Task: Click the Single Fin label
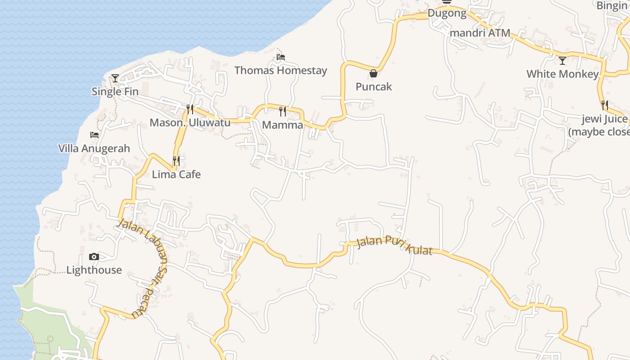click(115, 91)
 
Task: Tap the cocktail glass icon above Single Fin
click(115, 78)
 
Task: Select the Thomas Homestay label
click(281, 71)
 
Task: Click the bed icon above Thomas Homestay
click(281, 57)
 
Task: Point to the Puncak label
click(373, 86)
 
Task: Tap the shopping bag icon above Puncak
click(373, 73)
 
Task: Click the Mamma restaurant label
click(283, 125)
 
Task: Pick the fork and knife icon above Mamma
click(283, 111)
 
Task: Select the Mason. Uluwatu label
click(190, 122)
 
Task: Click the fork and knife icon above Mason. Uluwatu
click(190, 109)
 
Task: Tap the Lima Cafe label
click(176, 174)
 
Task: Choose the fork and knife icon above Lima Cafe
click(176, 161)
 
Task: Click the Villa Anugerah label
click(94, 148)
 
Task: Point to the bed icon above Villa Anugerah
click(94, 135)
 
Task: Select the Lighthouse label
click(94, 270)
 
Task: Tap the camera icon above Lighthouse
click(94, 257)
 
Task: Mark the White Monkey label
click(562, 74)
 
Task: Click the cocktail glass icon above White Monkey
click(562, 60)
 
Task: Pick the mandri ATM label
click(480, 33)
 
